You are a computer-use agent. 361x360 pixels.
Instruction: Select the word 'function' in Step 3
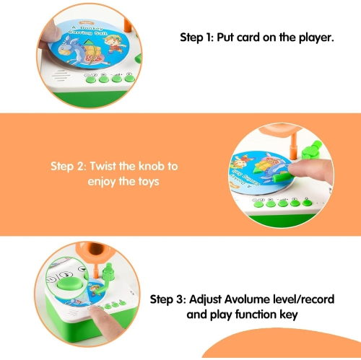(x=263, y=315)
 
